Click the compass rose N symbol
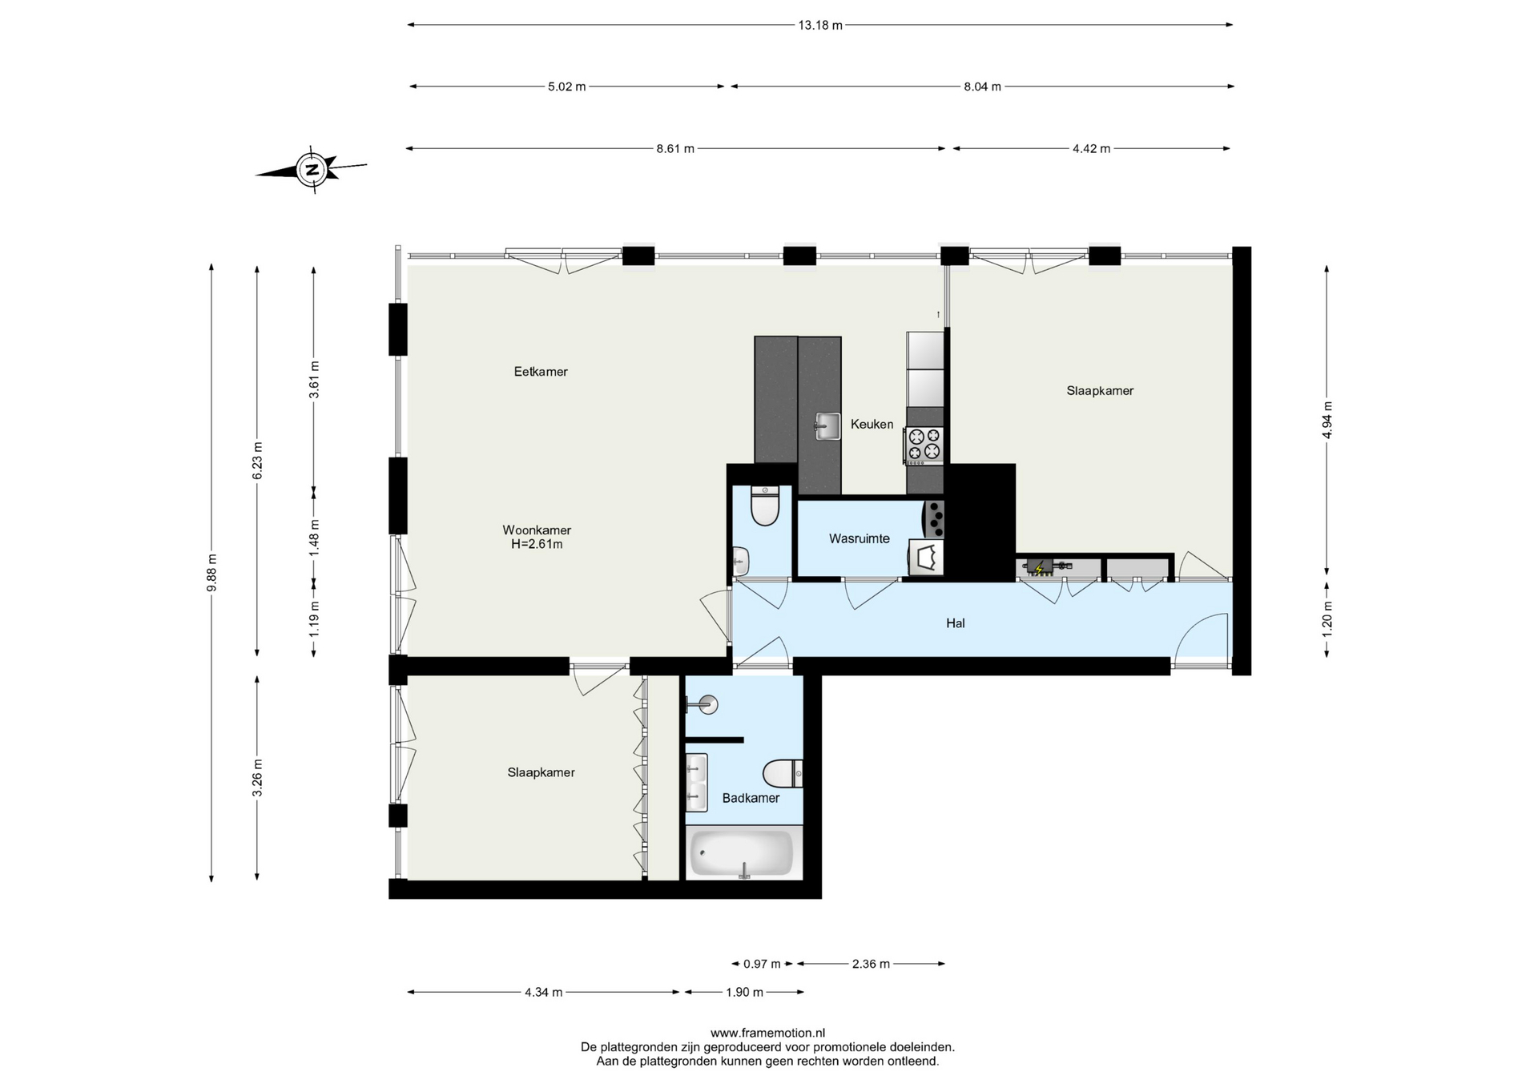tap(312, 170)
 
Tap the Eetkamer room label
tap(541, 372)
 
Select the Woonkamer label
tap(537, 530)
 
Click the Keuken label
tap(872, 425)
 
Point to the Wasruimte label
tap(860, 539)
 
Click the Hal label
tap(955, 623)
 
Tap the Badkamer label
tap(751, 798)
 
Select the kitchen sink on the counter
tap(827, 425)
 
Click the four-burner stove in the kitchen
tap(924, 445)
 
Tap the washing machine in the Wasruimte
tap(926, 557)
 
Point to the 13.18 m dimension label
tap(820, 25)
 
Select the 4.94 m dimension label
tap(1327, 419)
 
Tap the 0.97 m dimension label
tap(762, 964)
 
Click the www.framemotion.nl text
tap(767, 1034)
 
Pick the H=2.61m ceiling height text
tap(537, 545)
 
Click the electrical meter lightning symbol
tap(1040, 569)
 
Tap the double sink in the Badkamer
tap(697, 782)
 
